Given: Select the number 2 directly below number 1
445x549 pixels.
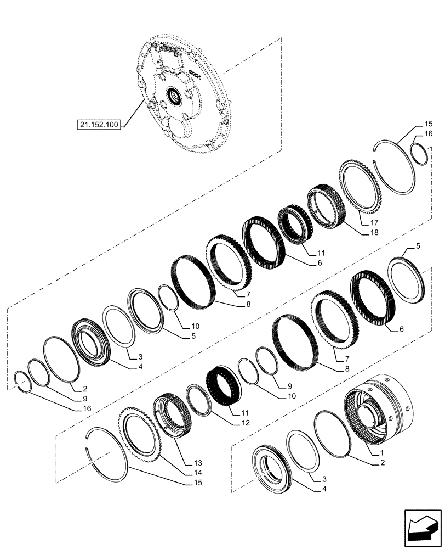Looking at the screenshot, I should tap(382, 463).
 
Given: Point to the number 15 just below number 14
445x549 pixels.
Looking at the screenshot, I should tap(196, 483).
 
